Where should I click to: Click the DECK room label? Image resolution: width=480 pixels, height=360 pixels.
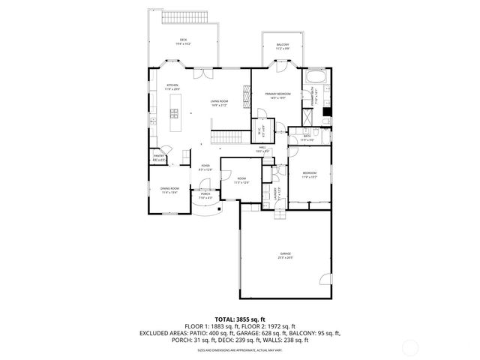coord(184,42)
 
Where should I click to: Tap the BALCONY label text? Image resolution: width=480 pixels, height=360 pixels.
coord(283,46)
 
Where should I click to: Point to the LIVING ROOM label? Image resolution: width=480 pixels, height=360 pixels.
coord(219,103)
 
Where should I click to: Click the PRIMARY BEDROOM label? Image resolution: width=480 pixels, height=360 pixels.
coord(277,95)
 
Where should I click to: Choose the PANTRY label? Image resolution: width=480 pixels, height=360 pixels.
coord(160,157)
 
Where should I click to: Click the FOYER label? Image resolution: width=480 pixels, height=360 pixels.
coord(205,167)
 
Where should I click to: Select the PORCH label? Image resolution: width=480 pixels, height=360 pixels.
coord(205,196)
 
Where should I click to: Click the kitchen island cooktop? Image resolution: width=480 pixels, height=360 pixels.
coord(174,113)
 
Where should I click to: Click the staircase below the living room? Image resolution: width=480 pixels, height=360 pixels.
coord(226,137)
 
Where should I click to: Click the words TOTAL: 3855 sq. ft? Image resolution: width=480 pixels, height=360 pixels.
coord(240,320)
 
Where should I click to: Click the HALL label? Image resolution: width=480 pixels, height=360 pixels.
coord(262,148)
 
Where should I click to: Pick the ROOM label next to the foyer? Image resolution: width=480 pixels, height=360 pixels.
coord(241,181)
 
